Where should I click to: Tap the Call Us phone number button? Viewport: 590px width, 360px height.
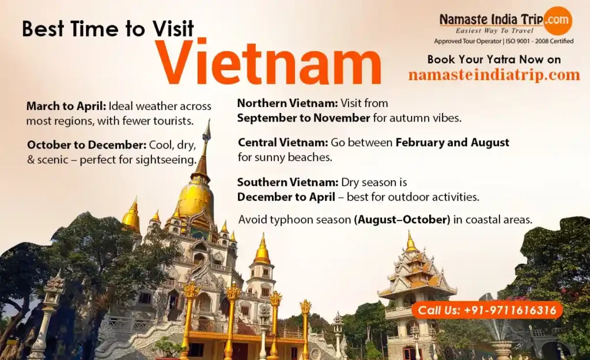click(487, 310)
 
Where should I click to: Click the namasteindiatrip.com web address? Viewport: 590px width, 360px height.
click(494, 74)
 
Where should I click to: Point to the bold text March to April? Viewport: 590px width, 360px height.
click(66, 106)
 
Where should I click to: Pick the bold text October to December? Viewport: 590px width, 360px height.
click(87, 145)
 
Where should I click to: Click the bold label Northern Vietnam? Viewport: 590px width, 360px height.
click(288, 103)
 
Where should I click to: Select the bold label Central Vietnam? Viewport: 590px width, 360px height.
click(283, 143)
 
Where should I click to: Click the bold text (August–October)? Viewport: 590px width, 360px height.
click(402, 219)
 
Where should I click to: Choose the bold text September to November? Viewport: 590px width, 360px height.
click(304, 118)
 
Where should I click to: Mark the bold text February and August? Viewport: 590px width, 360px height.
click(452, 143)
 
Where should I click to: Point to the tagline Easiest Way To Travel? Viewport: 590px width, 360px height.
click(494, 31)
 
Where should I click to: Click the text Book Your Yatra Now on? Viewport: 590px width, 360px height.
click(494, 59)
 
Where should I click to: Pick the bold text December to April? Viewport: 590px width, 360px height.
click(286, 197)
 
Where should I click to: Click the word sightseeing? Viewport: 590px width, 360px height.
click(166, 160)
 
